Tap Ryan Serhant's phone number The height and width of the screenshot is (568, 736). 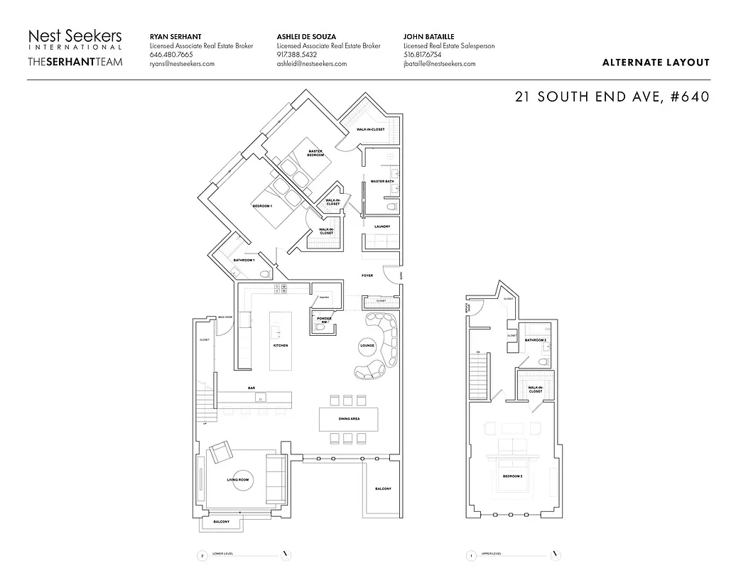171,55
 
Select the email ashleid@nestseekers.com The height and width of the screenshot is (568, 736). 311,64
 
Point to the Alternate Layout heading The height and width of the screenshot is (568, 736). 655,62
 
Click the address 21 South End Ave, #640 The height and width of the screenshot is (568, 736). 612,97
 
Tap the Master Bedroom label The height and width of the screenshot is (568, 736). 316,153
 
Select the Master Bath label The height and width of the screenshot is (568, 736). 382,181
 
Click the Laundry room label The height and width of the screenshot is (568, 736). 382,226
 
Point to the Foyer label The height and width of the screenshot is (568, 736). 367,275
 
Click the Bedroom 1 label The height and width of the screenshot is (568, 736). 262,206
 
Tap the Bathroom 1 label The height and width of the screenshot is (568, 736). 244,261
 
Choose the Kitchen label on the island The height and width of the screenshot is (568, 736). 281,346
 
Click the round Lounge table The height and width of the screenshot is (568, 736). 367,346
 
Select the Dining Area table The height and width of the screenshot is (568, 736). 349,419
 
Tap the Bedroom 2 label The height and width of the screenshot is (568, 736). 512,476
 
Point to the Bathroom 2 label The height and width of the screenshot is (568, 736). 535,340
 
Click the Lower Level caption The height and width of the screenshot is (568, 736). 222,555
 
